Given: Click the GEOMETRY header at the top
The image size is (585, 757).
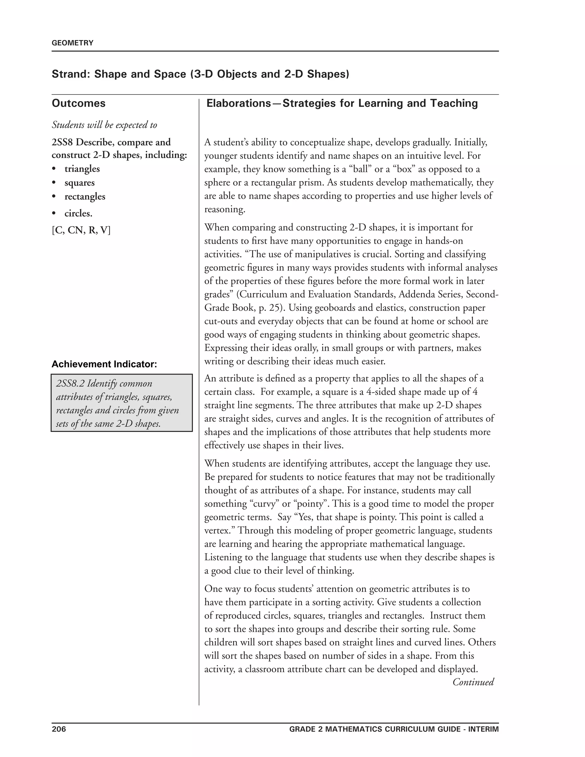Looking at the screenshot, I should (73, 43).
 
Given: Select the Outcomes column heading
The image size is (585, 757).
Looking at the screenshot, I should (79, 103).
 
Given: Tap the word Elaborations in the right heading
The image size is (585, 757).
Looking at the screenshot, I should (239, 103).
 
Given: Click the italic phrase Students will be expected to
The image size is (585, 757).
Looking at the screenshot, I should (104, 125).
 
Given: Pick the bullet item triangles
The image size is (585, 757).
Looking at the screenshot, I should (82, 169).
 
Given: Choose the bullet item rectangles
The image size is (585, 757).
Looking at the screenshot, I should (85, 197).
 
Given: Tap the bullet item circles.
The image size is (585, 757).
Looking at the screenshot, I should (78, 213).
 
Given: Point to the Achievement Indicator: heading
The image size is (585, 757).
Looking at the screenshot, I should (104, 364).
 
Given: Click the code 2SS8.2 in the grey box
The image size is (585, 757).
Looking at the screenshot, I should (70, 384).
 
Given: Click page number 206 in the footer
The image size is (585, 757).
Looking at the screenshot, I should (59, 729).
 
